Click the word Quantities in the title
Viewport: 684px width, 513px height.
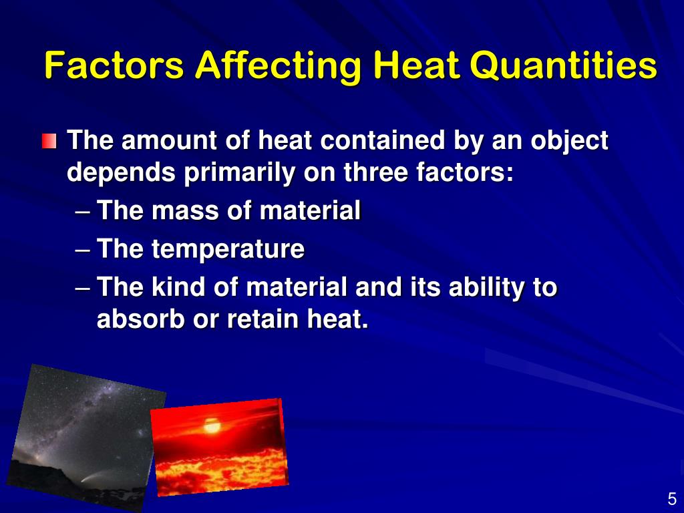563,66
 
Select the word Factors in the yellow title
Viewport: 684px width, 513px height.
114,66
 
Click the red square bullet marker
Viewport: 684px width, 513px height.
49,142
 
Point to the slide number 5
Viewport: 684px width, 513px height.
671,499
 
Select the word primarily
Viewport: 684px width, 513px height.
240,173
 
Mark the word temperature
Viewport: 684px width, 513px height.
228,250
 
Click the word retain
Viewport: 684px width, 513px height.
263,319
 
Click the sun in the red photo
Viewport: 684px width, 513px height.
212,425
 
